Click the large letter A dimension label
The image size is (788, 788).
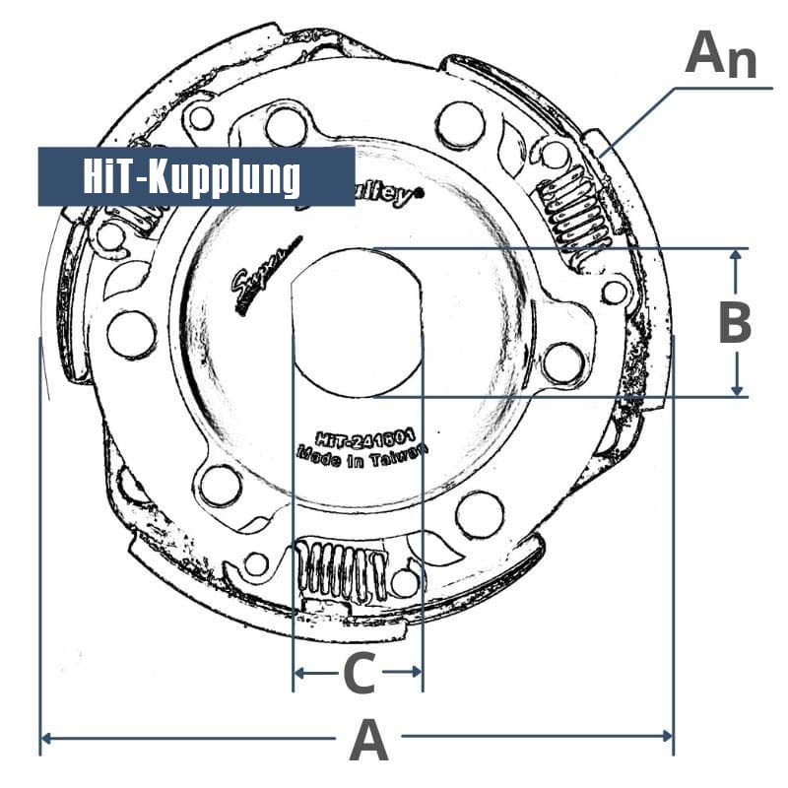(x=368, y=740)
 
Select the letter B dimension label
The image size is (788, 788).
(x=735, y=323)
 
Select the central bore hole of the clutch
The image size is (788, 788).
(x=358, y=322)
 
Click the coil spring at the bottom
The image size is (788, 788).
(x=341, y=571)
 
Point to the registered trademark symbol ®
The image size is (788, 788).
(x=420, y=194)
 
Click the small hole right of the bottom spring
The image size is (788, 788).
(x=404, y=582)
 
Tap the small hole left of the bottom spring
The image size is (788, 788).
(x=255, y=564)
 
